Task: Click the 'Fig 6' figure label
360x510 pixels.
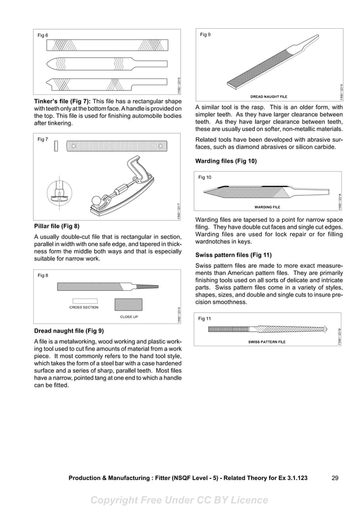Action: pyautogui.click(x=43, y=36)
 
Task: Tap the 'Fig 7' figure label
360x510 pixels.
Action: pyautogui.click(x=43, y=140)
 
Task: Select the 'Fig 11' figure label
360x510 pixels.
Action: pyautogui.click(x=204, y=319)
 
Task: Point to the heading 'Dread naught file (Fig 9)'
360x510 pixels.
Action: pyautogui.click(x=69, y=330)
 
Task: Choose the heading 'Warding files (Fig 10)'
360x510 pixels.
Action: pyautogui.click(x=226, y=161)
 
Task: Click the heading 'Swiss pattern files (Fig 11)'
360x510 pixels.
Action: pyautogui.click(x=233, y=255)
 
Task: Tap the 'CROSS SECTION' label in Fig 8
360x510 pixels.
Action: pyautogui.click(x=84, y=307)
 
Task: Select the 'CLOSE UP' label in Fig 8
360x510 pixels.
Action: pyautogui.click(x=129, y=317)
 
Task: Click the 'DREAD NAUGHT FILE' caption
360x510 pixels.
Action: pyautogui.click(x=269, y=97)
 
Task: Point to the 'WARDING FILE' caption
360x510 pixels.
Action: pyautogui.click(x=267, y=207)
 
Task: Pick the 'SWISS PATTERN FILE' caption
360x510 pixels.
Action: pyautogui.click(x=267, y=342)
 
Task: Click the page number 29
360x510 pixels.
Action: pyautogui.click(x=335, y=478)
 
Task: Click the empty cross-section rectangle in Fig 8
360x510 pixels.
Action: pyautogui.click(x=85, y=300)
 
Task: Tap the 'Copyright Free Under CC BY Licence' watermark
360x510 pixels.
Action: pyautogui.click(x=179, y=500)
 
